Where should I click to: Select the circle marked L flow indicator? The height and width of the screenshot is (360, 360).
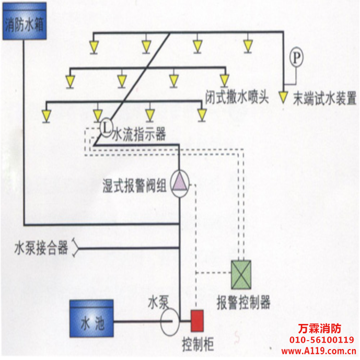[x=105, y=126]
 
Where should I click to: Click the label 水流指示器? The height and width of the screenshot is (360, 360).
[x=140, y=135]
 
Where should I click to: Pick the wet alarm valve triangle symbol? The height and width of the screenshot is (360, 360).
[x=179, y=183]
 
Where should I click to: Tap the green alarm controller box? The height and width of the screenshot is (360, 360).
[x=241, y=274]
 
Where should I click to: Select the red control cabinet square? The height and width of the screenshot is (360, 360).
[x=196, y=319]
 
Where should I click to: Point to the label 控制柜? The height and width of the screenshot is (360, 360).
[x=198, y=344]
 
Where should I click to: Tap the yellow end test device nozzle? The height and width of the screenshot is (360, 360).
[x=283, y=97]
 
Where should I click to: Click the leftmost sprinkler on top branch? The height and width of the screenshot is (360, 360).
[x=94, y=47]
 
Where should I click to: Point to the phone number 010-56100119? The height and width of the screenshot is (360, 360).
[x=321, y=340]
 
